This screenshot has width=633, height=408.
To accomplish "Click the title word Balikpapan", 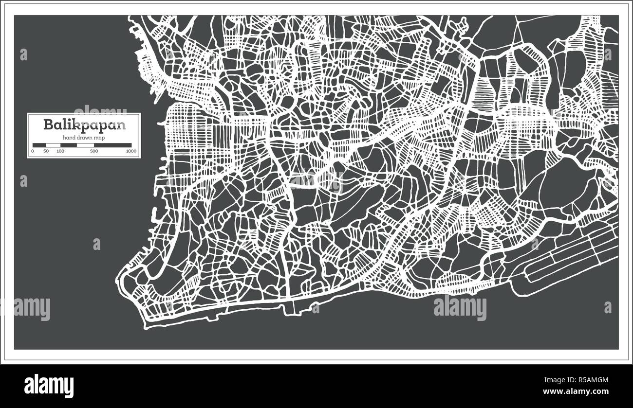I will click(x=84, y=124).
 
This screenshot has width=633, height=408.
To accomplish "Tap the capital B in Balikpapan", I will click(x=48, y=124).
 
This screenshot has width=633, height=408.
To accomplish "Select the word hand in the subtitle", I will click(x=68, y=138).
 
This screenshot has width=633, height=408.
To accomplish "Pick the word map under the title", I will click(x=99, y=138).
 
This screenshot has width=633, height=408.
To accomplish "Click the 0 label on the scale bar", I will click(x=33, y=151).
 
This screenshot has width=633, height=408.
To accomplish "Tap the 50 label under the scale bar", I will click(x=46, y=151).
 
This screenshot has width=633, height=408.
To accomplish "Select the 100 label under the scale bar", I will click(x=60, y=151).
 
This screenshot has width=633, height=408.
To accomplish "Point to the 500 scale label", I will click(x=94, y=151).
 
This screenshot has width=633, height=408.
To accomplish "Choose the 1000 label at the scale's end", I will click(x=130, y=151).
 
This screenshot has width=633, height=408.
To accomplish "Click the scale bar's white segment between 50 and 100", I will click(x=53, y=145).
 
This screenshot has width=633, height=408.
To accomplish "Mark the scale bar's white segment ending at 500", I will click(x=85, y=145).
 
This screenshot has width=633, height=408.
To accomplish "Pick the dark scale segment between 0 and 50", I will click(x=39, y=145).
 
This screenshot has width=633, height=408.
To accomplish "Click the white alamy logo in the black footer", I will click(x=49, y=386).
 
